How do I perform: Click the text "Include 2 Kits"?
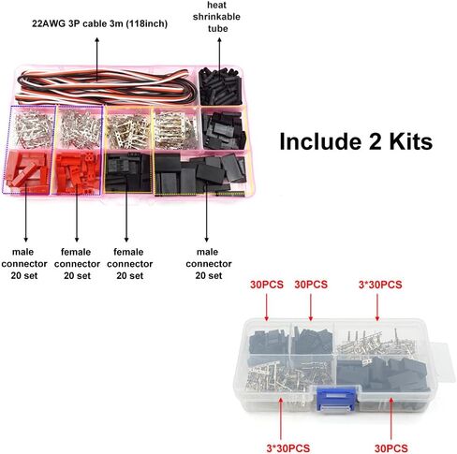[x=356, y=141]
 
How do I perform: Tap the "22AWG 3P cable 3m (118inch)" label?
[x=100, y=23]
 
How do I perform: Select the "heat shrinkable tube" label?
[x=217, y=17]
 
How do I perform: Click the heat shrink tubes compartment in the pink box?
[x=221, y=86]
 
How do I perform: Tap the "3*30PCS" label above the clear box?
[x=380, y=285]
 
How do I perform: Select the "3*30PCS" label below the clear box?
[x=287, y=448]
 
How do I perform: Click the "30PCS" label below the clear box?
[x=391, y=448]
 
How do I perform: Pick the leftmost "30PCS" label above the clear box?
[x=267, y=285]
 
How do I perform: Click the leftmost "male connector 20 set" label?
[x=24, y=264]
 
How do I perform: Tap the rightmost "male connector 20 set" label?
[x=209, y=264]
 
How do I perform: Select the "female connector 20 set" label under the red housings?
[x=77, y=264]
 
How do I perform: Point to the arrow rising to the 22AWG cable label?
[x=97, y=59]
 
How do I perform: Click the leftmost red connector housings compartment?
[x=27, y=171]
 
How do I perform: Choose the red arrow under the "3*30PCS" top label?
[x=377, y=307]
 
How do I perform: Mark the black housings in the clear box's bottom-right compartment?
[x=382, y=373]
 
